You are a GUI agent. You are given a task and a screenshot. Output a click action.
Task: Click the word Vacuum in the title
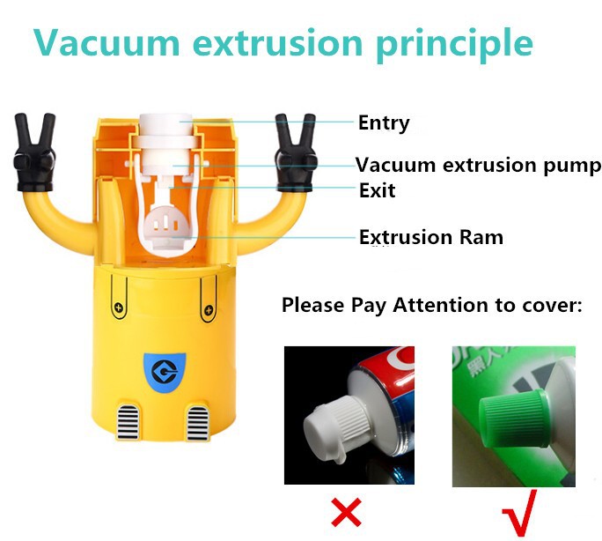pos(106,42)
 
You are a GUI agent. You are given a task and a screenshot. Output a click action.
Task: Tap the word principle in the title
pos(455,44)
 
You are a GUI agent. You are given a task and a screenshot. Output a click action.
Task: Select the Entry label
pos(384,123)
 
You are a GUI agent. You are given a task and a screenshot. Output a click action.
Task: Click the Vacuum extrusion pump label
pos(478,166)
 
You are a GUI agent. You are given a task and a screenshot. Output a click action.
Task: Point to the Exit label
pos(377,190)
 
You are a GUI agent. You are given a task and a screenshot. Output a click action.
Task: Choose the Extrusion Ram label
pos(431,237)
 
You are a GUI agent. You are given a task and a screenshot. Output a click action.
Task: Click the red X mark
pos(346,512)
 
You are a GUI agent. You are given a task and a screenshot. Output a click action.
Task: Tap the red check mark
pos(520,513)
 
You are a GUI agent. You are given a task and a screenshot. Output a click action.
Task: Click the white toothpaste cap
pos(335,426)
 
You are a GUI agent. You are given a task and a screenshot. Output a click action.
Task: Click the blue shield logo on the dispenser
pos(165,372)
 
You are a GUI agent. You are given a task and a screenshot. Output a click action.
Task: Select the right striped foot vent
pos(198,423)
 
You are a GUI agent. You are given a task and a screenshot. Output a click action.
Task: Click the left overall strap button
pos(119,308)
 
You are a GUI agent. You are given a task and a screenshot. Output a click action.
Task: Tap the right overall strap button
pos(209,309)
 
